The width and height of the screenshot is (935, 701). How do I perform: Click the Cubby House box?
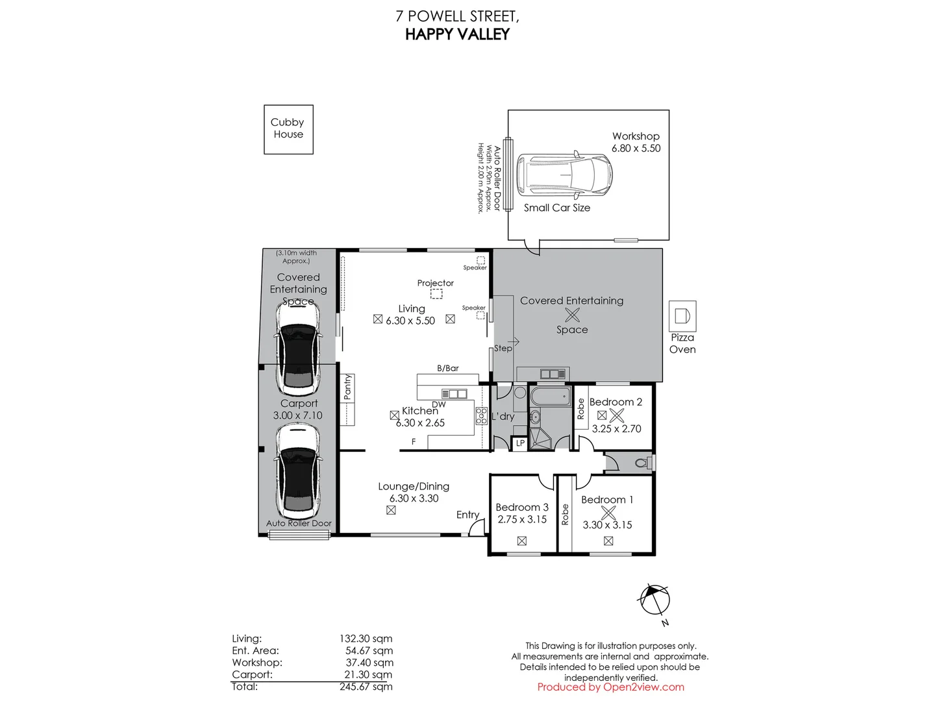point(288,129)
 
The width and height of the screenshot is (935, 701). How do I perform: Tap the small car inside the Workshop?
point(564,175)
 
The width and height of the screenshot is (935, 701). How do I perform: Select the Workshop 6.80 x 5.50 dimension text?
point(636,148)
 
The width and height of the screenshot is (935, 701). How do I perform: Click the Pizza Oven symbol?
point(682,316)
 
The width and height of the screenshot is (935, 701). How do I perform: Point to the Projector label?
point(435,283)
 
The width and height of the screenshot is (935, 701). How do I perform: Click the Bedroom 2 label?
point(616,402)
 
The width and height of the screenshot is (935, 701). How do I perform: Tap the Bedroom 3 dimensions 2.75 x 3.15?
point(522,519)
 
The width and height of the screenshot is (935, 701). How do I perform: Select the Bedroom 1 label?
point(607,499)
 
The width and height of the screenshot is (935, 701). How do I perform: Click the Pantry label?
point(347,386)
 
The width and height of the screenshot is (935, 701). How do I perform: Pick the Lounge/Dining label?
point(414,486)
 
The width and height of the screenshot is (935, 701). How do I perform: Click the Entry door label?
point(467,515)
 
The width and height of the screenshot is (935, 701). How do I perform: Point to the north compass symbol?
point(654,600)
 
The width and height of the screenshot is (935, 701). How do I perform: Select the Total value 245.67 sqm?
point(366,687)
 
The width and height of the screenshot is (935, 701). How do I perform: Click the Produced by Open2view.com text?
point(610,687)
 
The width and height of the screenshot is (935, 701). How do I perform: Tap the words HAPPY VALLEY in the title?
point(457,34)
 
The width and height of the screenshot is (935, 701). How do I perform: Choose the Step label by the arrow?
point(503,348)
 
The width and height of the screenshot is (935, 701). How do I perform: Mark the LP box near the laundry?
point(520,443)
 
